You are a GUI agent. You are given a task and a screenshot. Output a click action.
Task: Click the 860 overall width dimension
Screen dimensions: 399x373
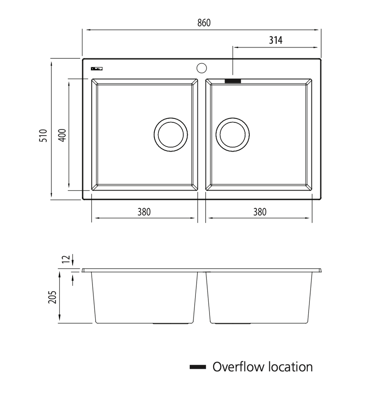click(x=204, y=23)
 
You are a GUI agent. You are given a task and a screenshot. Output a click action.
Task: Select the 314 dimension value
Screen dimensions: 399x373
click(x=275, y=40)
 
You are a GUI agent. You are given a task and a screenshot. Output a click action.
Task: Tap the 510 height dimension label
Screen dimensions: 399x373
click(x=44, y=135)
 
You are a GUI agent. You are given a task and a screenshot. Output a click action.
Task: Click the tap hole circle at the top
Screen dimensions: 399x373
click(x=201, y=68)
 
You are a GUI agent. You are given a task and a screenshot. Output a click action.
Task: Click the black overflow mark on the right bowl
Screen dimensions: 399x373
click(x=233, y=81)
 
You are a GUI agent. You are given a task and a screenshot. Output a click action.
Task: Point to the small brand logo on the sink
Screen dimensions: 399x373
click(x=96, y=69)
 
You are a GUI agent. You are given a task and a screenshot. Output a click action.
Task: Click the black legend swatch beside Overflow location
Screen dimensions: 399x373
click(x=198, y=367)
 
